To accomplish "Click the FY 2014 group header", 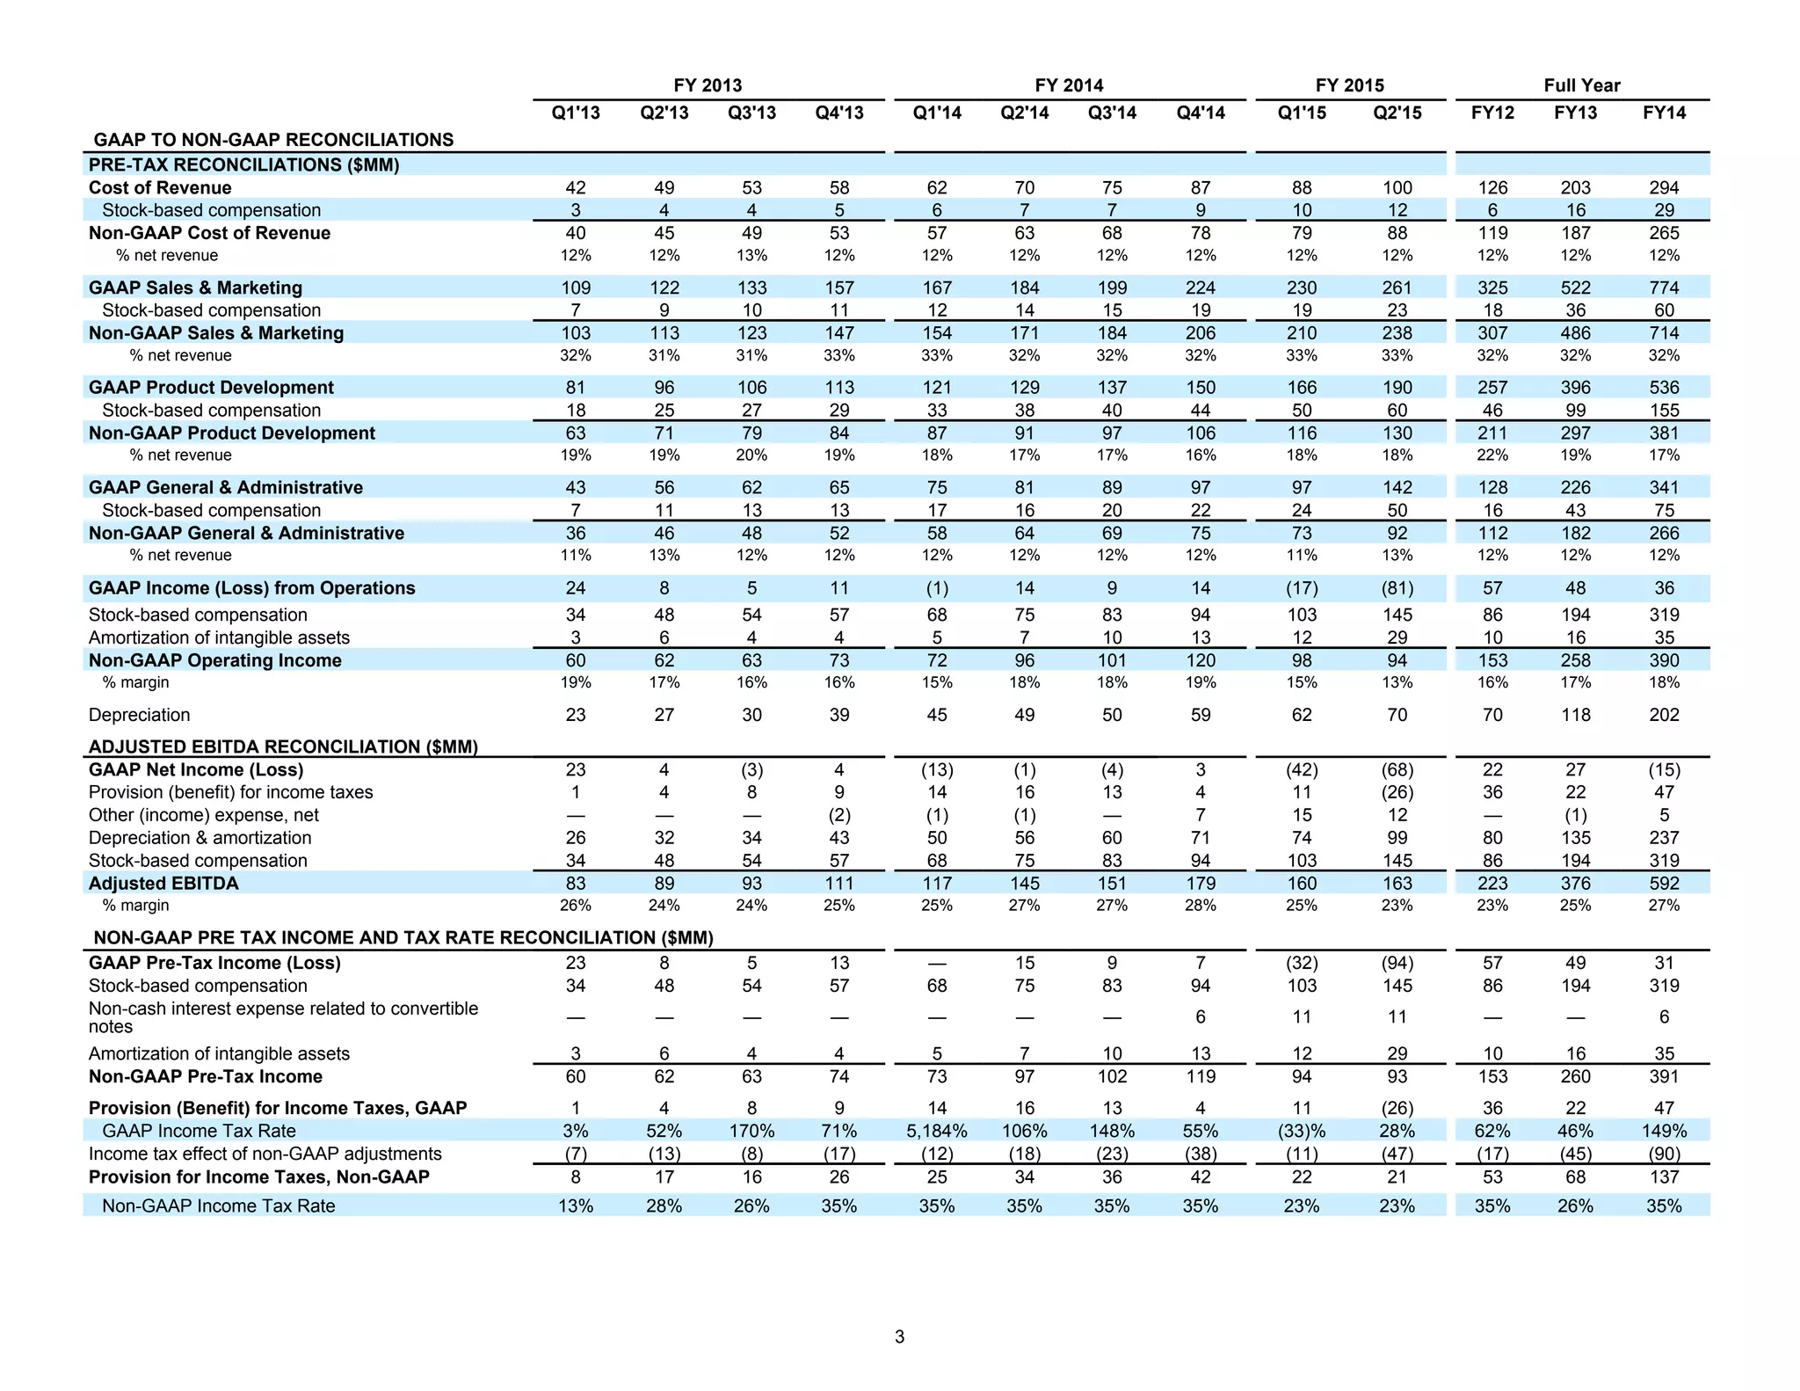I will pos(1069,85).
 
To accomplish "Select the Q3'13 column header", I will pos(751,113).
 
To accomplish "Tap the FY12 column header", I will pos(1492,113).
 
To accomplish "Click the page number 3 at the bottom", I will pos(899,1336).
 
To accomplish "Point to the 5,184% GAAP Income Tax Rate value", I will pos(936,1131).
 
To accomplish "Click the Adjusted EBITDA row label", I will pos(163,883).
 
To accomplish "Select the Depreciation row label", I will pos(139,715).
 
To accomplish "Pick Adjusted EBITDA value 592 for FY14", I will pos(1664,883).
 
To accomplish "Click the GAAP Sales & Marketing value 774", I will pos(1664,288).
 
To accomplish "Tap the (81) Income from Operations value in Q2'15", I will pos(1397,588).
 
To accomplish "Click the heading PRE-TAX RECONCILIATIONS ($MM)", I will pos(243,164).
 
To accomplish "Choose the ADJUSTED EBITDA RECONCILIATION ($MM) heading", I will pos(283,746).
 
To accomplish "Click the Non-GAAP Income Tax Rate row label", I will pos(218,1205).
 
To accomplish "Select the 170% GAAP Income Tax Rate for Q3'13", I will pos(751,1131).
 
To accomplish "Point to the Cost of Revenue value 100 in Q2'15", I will pos(1397,187).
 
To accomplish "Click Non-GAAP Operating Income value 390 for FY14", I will pos(1664,660).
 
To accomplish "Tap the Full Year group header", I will pos(1581,85).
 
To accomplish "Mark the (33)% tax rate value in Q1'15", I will pos(1301,1131).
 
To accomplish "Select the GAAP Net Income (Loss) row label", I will pos(196,769).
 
